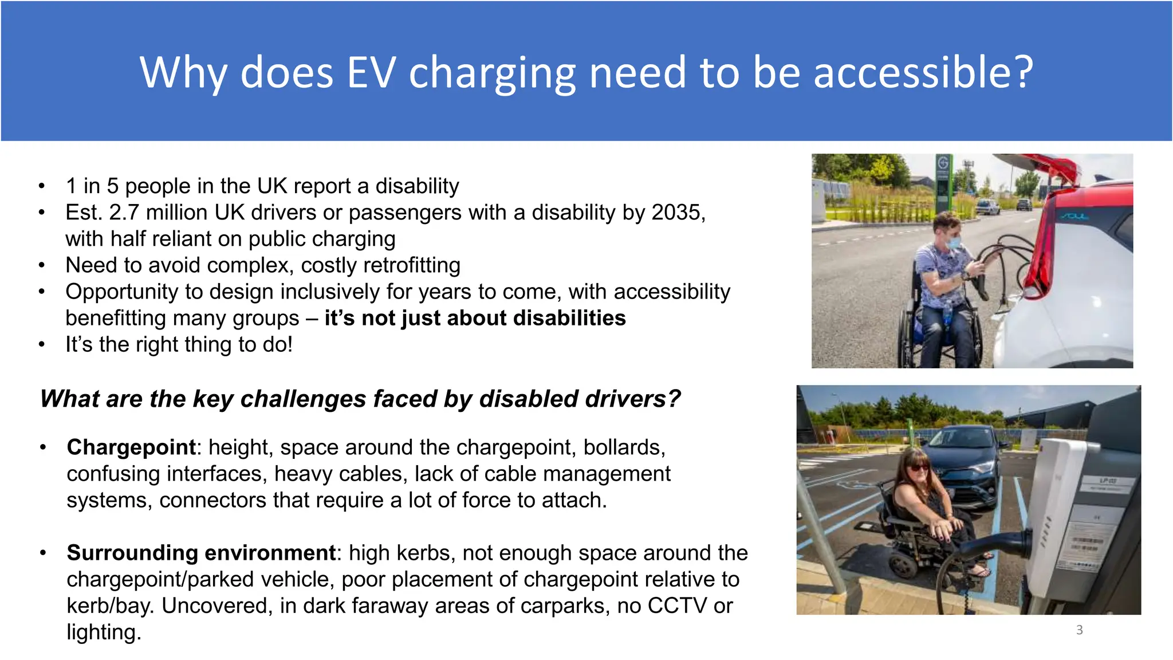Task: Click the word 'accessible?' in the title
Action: click(x=923, y=73)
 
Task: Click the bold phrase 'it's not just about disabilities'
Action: click(x=475, y=318)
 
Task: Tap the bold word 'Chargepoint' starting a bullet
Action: click(x=131, y=447)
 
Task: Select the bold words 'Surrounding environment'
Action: click(x=200, y=553)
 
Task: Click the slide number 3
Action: click(x=1079, y=630)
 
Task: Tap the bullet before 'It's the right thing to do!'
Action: click(x=41, y=345)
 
